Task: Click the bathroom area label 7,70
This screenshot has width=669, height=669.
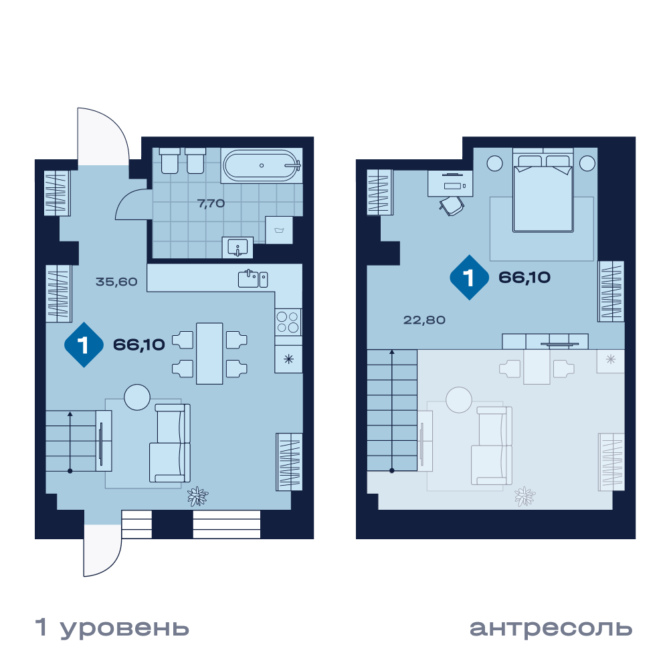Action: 211,203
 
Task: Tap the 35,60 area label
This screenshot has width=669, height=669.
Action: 116,282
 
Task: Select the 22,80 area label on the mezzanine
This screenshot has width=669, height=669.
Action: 424,320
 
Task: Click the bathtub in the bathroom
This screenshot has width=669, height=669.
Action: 262,165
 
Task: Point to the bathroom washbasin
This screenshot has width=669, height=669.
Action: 237,247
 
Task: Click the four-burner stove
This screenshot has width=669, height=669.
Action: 288,322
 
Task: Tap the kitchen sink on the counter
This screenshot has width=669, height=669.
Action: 253,279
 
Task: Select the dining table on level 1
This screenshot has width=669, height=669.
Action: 209,354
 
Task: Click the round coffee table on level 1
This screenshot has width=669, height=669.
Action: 137,397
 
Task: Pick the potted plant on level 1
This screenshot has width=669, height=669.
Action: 197,496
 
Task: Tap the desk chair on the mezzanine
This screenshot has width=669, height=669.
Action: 452,206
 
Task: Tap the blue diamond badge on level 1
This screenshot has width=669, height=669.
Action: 84,345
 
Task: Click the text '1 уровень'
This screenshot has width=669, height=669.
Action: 112,628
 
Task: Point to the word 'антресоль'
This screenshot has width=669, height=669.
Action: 551,628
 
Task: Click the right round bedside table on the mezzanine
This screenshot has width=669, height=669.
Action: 587,163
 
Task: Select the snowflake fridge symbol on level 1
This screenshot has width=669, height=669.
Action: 289,359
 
